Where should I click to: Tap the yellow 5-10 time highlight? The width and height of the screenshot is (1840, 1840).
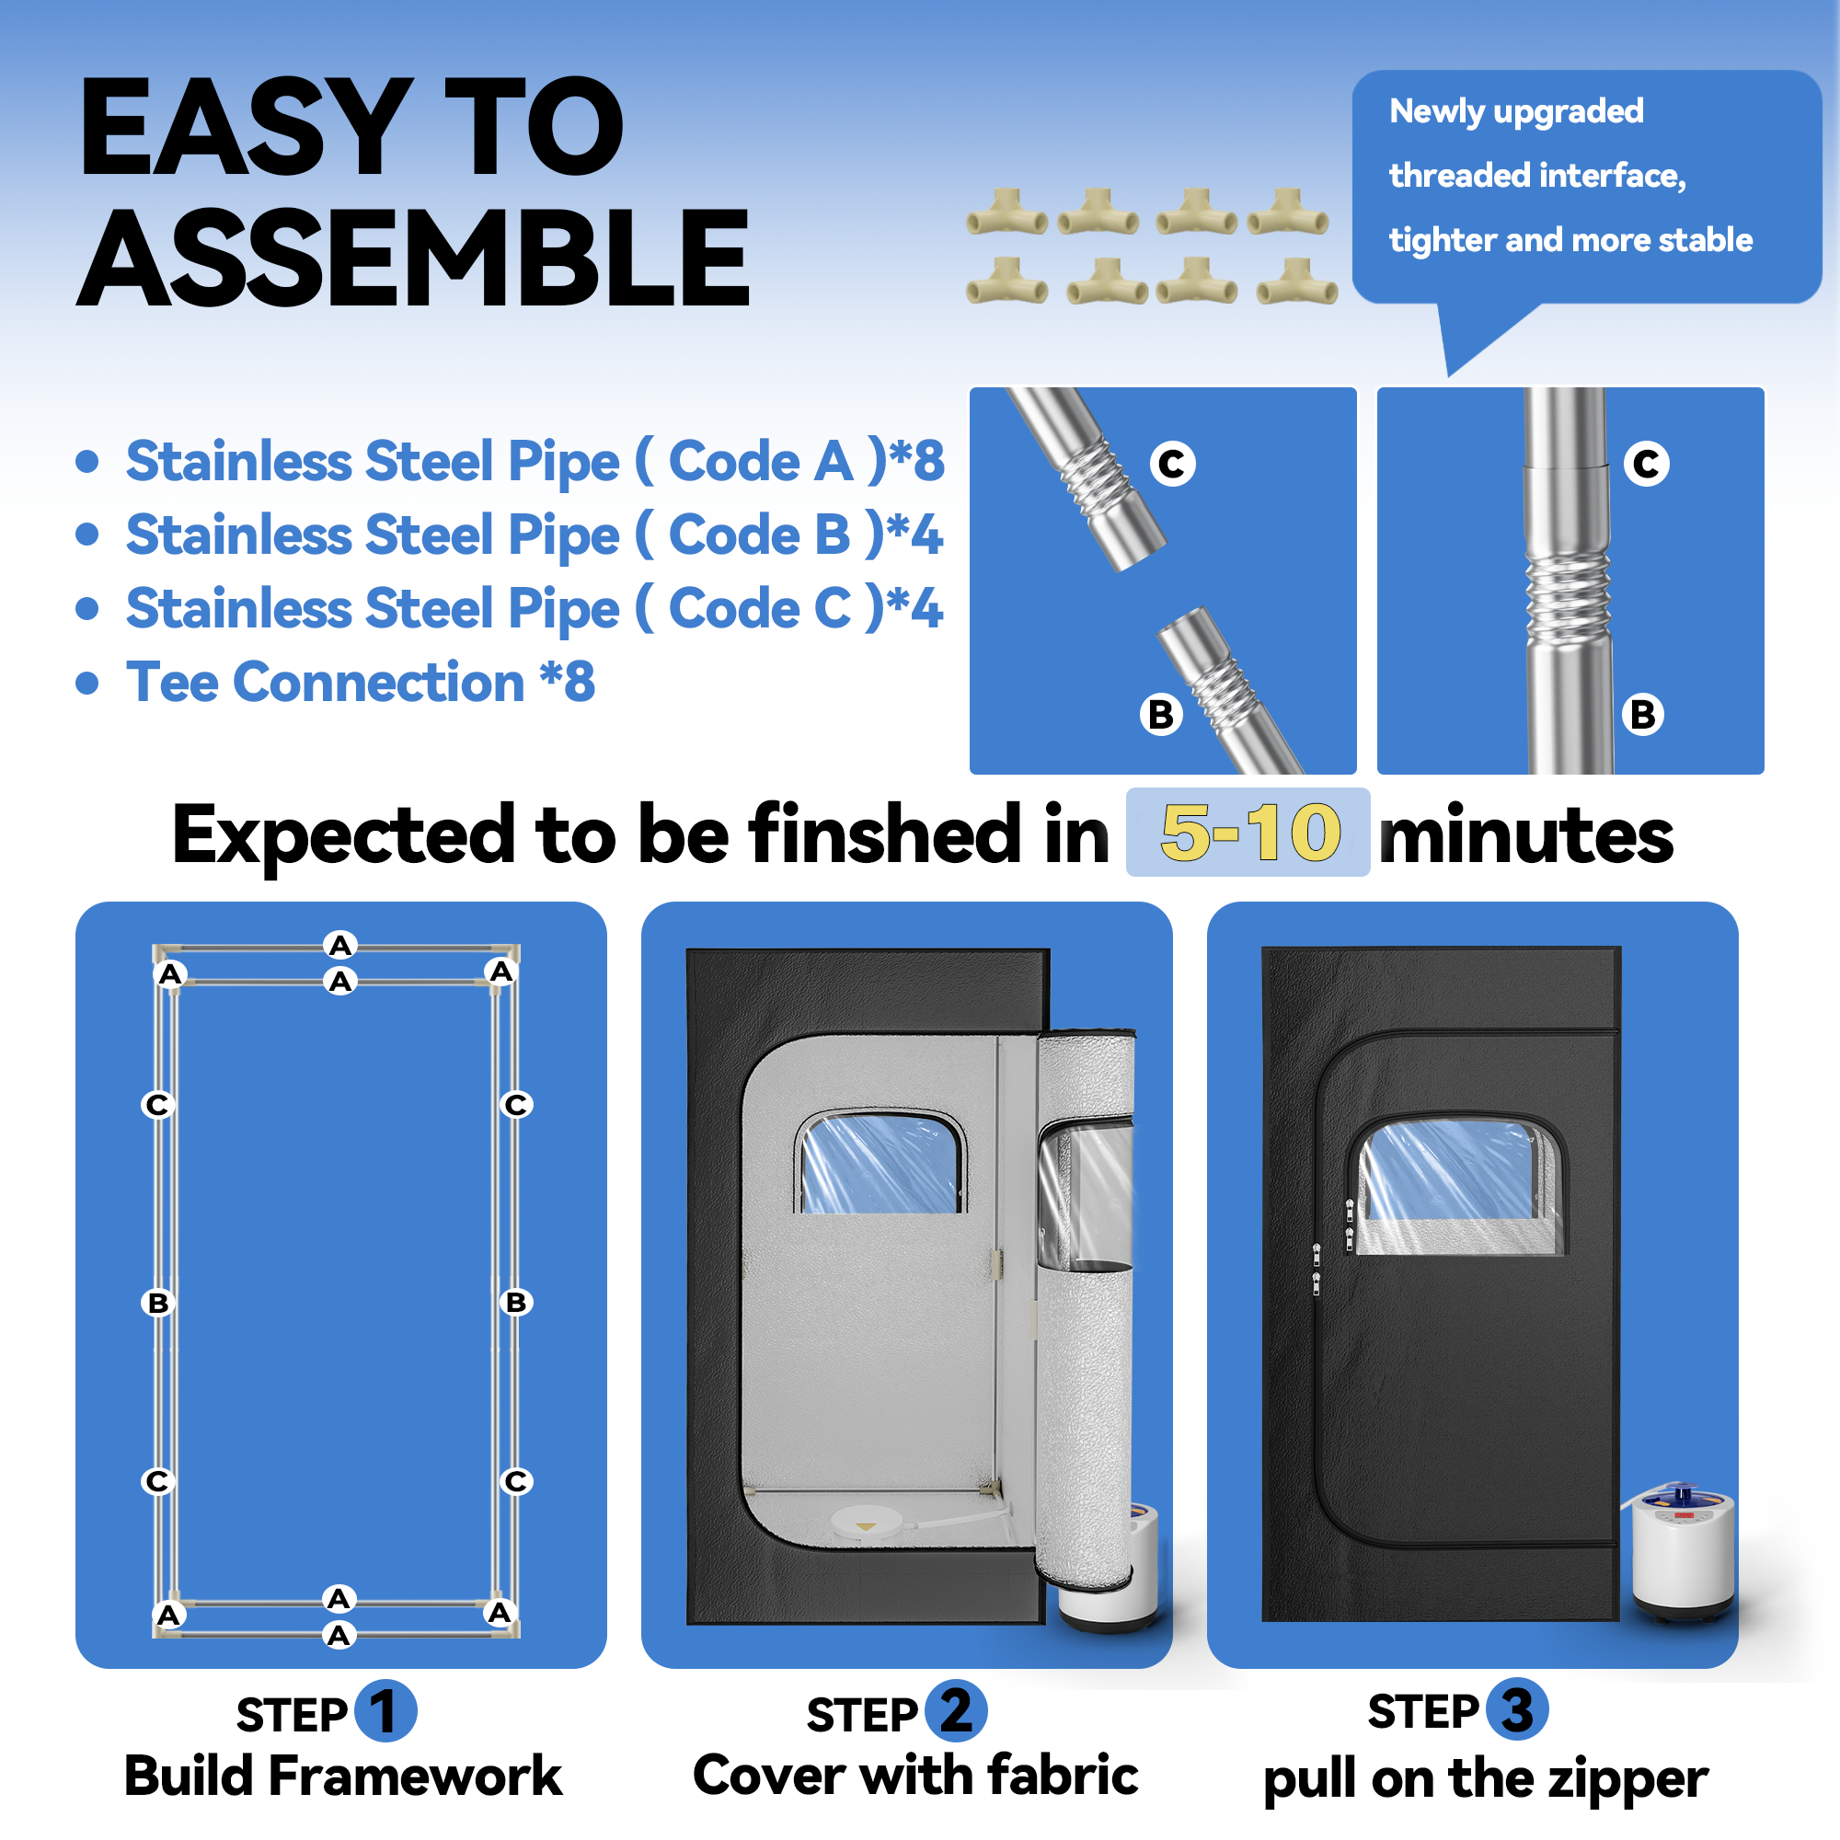pyautogui.click(x=1249, y=833)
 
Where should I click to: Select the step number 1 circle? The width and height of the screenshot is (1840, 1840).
pyautogui.click(x=385, y=1710)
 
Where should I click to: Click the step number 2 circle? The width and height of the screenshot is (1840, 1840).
pyautogui.click(x=955, y=1710)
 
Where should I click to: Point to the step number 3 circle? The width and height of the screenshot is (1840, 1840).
pyautogui.click(x=1516, y=1709)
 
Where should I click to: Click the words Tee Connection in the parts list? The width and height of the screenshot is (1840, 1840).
pyautogui.click(x=325, y=682)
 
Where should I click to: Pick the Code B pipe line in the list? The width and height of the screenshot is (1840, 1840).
pyautogui.click(x=535, y=535)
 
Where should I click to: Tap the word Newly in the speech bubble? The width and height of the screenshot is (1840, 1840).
pyautogui.click(x=1438, y=111)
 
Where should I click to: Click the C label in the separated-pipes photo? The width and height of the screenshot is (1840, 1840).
pyautogui.click(x=1172, y=464)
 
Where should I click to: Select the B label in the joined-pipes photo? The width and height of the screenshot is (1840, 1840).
pyautogui.click(x=1644, y=714)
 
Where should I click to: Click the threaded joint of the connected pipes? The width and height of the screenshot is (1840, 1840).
pyautogui.click(x=1568, y=597)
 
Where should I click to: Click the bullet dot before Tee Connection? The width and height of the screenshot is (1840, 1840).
pyautogui.click(x=87, y=683)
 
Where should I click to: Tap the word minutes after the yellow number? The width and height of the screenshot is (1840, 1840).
pyautogui.click(x=1525, y=836)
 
